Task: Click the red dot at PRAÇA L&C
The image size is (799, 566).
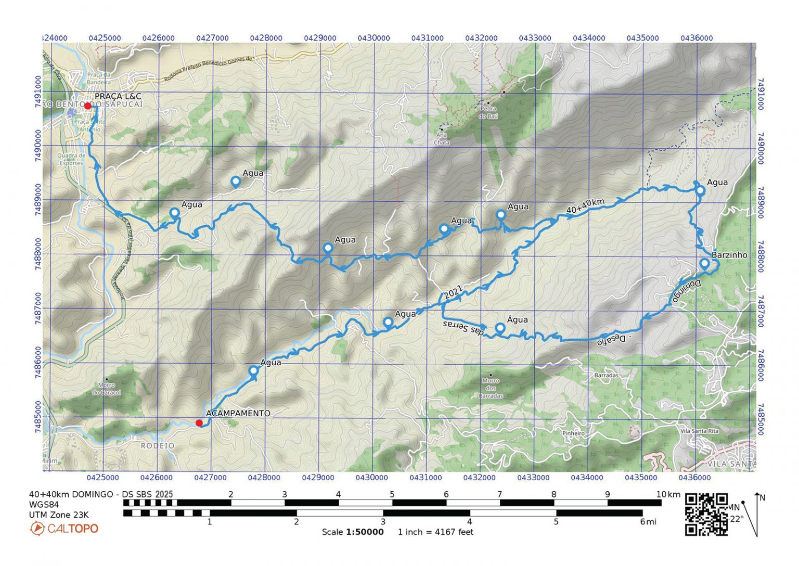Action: (x=87, y=106)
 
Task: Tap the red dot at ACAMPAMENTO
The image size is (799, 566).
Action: (x=199, y=423)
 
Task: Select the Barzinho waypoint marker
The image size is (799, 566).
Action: (x=704, y=263)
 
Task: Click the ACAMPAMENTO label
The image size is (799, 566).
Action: (x=238, y=413)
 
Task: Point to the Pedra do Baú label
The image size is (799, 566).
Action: (x=489, y=113)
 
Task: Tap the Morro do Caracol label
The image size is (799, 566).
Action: (x=106, y=389)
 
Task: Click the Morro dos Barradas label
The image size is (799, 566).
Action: (x=491, y=388)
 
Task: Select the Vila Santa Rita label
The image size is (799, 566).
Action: (x=699, y=431)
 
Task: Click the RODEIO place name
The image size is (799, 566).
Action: (x=158, y=446)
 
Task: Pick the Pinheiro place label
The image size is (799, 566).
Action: (x=573, y=433)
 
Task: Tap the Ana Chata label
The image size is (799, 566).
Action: (x=441, y=139)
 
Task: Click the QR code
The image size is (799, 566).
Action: (x=706, y=514)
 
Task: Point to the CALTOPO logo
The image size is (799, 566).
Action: (x=65, y=529)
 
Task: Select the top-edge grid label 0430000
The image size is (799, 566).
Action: (x=373, y=38)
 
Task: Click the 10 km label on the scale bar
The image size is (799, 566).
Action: (x=661, y=494)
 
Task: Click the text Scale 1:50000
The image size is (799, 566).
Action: (x=353, y=532)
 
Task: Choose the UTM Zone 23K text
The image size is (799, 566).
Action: (x=59, y=515)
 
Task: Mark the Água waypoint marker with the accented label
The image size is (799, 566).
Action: (x=500, y=328)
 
